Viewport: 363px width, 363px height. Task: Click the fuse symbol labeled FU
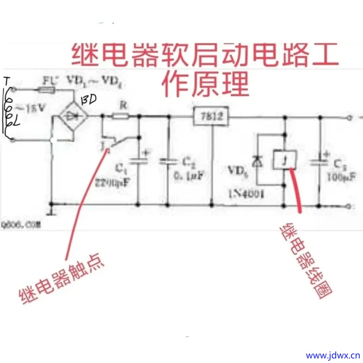click(47, 90)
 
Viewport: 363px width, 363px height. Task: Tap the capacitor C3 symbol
click(319, 162)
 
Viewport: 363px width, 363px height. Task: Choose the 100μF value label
click(341, 176)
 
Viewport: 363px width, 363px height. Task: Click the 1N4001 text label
click(246, 194)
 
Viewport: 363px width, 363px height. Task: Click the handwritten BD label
click(88, 100)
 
